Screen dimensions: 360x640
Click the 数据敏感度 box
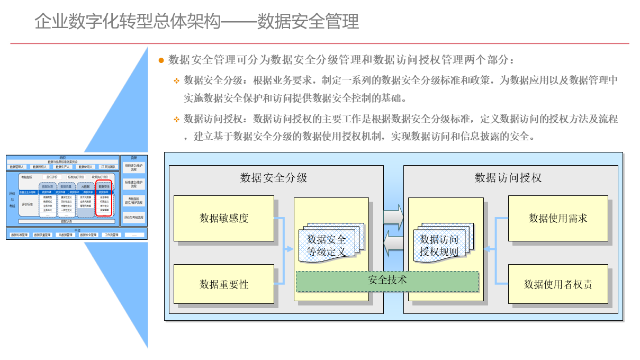[223, 218]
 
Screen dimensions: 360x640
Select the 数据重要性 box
[223, 284]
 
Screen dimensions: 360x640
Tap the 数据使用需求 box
[557, 218]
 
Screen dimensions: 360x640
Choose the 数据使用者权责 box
[557, 284]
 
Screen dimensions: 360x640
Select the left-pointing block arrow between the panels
[393, 242]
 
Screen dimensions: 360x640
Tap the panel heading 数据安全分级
[274, 178]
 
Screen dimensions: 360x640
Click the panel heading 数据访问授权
[508, 178]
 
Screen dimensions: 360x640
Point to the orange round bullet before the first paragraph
[161, 60]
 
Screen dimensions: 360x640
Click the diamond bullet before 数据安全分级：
[177, 81]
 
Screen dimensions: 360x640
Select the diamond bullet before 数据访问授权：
[177, 119]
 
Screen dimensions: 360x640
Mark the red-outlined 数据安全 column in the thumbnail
[104, 198]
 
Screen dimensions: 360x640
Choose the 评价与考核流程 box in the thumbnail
[133, 218]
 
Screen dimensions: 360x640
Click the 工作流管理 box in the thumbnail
[112, 235]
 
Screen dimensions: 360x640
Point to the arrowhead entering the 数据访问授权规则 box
[487, 249]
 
